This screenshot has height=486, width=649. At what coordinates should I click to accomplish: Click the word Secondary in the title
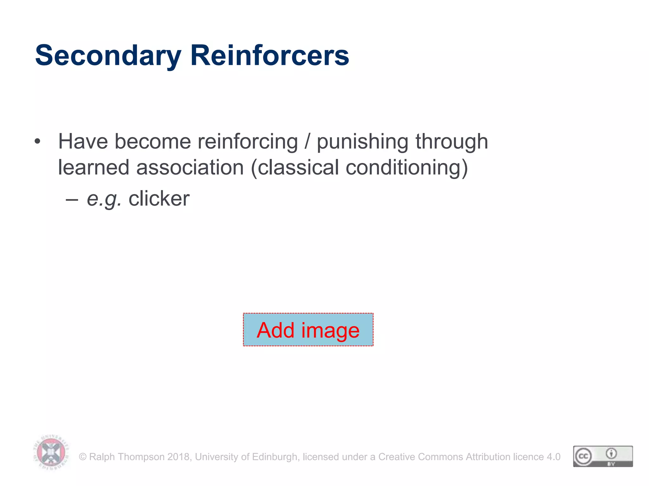pos(108,56)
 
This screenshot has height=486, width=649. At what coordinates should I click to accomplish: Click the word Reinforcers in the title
pos(269,56)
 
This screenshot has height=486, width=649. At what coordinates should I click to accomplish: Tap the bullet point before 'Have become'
pos(38,141)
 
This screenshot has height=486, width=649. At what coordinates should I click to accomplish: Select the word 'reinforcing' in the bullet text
pos(247,141)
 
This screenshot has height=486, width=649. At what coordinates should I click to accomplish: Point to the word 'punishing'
pos(362,141)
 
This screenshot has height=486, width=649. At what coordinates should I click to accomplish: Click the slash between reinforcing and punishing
pos(307,141)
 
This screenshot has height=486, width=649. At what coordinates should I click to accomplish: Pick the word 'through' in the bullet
pos(452,141)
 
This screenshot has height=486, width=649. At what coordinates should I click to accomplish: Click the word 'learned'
pos(93,167)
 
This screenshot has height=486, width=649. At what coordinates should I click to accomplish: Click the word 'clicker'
pos(159,199)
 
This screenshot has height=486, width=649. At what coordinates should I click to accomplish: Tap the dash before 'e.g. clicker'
pos(72,200)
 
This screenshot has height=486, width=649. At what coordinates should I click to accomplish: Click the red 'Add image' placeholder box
pos(308,330)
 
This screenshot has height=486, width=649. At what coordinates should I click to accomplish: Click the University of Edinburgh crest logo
pos(51,452)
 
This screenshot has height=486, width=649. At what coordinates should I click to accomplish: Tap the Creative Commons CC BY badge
pos(603,456)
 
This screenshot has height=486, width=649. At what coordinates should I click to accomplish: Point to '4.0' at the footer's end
pos(554,457)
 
